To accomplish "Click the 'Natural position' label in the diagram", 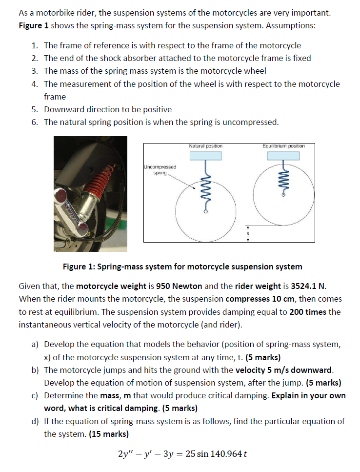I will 205,146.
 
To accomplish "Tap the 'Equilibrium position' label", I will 283,146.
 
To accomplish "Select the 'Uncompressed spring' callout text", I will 160,170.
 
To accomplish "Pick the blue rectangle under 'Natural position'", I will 205,156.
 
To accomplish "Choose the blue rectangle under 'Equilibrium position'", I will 283,156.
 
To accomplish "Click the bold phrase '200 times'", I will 308,311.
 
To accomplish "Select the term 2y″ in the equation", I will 126,453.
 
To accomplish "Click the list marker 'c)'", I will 35,395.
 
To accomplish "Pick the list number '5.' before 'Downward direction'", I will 35,109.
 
